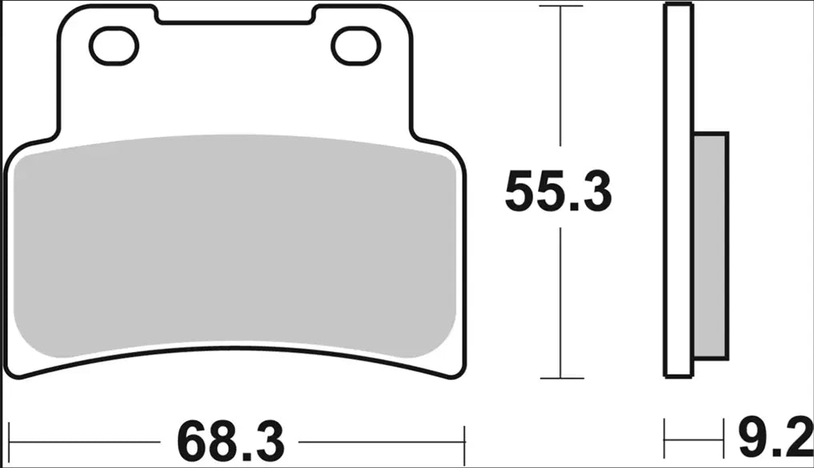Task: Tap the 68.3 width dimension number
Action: (x=231, y=439)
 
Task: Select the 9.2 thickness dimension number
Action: (x=769, y=438)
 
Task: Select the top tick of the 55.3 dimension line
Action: (x=559, y=6)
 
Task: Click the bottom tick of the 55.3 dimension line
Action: (x=559, y=378)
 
